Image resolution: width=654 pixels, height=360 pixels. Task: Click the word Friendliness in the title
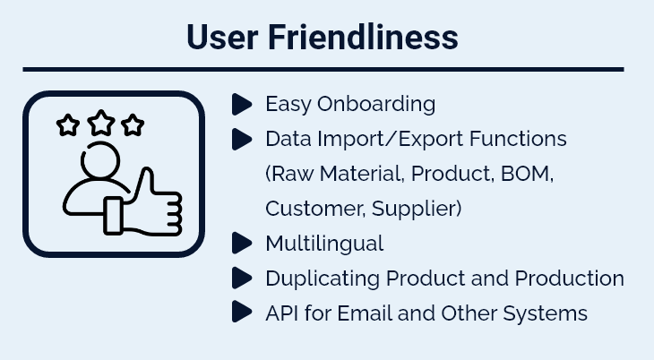(363, 37)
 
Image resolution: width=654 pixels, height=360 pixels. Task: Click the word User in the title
(222, 37)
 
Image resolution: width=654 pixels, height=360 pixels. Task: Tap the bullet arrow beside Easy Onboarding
(242, 104)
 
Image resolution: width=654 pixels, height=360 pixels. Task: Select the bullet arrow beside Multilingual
(242, 243)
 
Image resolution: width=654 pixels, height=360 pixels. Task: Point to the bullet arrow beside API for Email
(242, 312)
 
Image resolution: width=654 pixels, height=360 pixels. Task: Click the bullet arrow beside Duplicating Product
(242, 278)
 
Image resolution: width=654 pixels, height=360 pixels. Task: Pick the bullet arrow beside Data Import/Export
(242, 139)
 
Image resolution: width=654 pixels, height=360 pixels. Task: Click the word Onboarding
(376, 104)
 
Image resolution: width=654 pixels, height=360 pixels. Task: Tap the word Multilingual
(324, 244)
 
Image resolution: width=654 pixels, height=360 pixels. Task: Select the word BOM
(527, 174)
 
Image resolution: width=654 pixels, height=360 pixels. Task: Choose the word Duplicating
(323, 279)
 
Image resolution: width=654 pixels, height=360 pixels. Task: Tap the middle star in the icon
(101, 123)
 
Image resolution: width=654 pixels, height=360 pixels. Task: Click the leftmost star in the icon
(68, 125)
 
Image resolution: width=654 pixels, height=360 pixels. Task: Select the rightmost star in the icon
(133, 124)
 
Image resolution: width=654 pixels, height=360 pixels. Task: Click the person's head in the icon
(100, 160)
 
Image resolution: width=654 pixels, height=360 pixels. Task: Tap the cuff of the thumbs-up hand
(113, 215)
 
